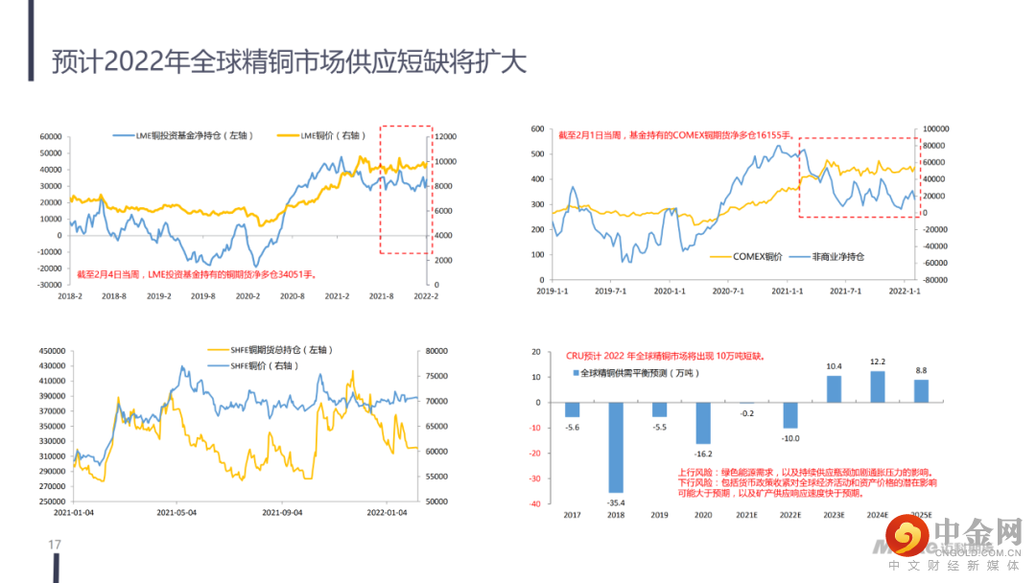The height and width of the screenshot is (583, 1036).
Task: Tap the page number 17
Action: point(55,546)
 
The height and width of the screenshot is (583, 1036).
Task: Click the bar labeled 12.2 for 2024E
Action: point(877,386)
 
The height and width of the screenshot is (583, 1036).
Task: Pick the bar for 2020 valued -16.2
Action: point(703,423)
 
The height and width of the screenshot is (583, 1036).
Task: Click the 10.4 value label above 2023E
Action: point(834,366)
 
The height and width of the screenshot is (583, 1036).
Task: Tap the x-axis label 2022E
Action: point(790,516)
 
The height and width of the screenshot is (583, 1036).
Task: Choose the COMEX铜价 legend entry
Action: point(753,257)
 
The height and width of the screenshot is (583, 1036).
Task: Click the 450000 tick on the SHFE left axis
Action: point(52,351)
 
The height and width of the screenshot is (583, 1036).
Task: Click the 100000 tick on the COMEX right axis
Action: point(935,128)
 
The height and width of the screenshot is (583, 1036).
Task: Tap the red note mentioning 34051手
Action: point(197,274)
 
